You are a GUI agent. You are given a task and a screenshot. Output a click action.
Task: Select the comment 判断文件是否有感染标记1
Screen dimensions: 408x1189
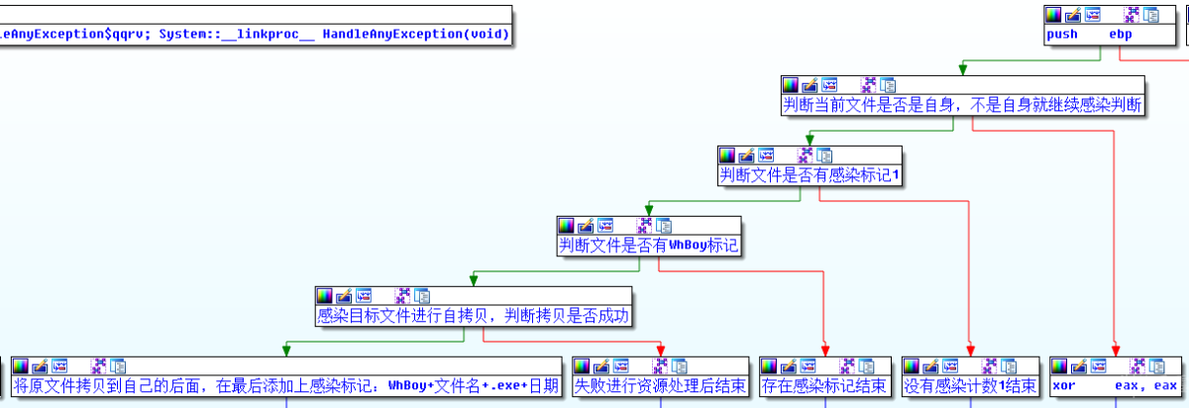(x=809, y=175)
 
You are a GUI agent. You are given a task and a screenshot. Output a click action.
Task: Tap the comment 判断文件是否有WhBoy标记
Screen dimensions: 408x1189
(x=649, y=246)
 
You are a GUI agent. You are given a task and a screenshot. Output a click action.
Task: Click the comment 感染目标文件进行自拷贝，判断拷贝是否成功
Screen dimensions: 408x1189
(x=474, y=316)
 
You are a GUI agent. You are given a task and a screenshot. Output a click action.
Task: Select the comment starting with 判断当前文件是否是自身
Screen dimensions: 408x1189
(x=961, y=105)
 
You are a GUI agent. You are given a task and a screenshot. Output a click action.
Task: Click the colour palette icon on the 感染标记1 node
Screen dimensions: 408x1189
(x=727, y=155)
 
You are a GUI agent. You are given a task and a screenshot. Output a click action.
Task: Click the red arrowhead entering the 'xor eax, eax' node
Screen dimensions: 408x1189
(x=1116, y=350)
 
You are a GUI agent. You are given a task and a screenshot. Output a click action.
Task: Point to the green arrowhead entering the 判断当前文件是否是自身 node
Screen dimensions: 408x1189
(x=961, y=68)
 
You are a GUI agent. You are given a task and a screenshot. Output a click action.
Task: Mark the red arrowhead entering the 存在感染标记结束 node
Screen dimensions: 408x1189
(x=824, y=350)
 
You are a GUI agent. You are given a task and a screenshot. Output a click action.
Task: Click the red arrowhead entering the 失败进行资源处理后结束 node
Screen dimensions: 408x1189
(x=660, y=350)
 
